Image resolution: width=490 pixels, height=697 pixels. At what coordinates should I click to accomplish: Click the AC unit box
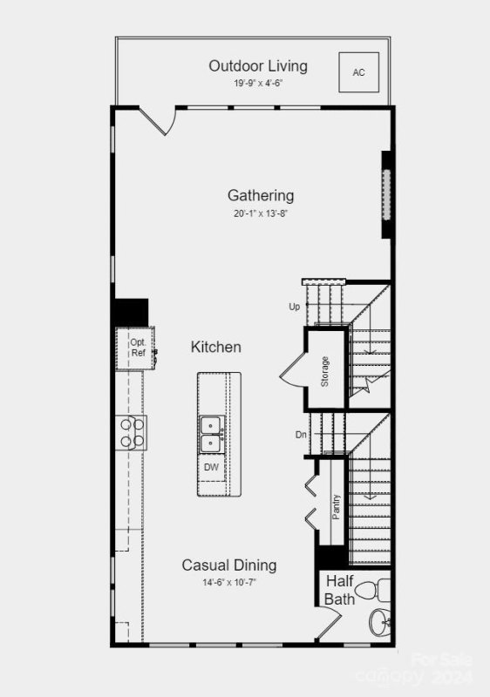pos(358,72)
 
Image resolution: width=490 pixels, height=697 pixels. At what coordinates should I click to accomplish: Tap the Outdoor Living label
pos(257,66)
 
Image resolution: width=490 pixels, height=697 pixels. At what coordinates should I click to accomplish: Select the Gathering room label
pos(261,195)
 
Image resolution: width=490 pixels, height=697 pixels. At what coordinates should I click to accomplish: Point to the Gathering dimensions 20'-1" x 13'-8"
pos(261,213)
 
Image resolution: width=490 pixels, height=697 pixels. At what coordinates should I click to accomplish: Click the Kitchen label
pos(215,347)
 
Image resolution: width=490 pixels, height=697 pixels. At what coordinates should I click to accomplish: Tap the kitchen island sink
pos(210,435)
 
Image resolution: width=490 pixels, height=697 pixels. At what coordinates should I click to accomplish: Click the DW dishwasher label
pos(211,467)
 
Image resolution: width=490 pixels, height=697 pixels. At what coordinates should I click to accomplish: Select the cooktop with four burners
pos(133,432)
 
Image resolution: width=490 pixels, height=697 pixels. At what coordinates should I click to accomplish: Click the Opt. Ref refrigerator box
pos(138,348)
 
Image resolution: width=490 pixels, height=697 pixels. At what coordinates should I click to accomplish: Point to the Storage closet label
pos(324,371)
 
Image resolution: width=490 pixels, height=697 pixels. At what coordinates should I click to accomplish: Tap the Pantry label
pos(336,507)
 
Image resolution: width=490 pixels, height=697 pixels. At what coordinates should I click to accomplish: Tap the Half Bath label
pos(339,590)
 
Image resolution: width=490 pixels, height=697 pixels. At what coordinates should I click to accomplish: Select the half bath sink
pos(380,624)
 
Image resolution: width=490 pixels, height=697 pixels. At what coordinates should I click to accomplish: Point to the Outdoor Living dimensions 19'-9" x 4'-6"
pos(257,84)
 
